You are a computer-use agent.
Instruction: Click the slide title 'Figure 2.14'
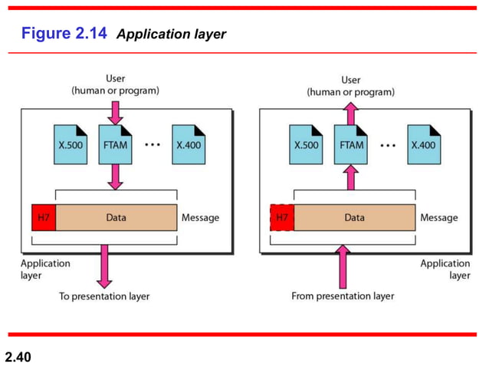pos(64,34)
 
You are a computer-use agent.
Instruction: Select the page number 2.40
pos(21,356)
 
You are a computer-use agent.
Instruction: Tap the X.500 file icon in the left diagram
pos(71,144)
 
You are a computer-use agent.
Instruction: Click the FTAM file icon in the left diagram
pos(115,144)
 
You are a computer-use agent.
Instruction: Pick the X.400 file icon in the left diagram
pos(189,144)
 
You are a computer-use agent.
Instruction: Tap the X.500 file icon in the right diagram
pos(306,144)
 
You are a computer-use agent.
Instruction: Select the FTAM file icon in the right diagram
pos(350,144)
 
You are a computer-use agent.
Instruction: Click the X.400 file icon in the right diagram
pos(424,144)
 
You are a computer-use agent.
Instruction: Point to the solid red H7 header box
pos(44,217)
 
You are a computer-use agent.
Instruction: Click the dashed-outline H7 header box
pos(282,217)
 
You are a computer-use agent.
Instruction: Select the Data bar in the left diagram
pos(117,217)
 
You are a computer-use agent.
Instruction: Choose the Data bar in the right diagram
pos(355,217)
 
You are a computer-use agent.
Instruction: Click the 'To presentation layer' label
pos(104,296)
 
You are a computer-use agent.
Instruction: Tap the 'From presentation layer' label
pos(343,296)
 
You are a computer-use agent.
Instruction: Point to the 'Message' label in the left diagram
pos(200,217)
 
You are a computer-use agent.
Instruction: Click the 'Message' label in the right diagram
pos(439,217)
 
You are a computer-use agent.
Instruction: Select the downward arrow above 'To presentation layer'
pos(104,265)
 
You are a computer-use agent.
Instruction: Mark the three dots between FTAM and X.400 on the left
pos(153,144)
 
